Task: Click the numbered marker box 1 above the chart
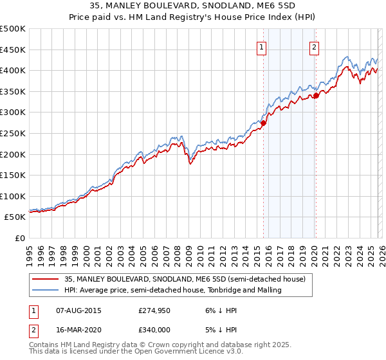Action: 262,46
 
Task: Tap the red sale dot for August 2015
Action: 264,123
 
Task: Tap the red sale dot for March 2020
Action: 316,96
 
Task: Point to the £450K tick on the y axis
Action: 13,50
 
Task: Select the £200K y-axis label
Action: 13,154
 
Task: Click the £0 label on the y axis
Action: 20,238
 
